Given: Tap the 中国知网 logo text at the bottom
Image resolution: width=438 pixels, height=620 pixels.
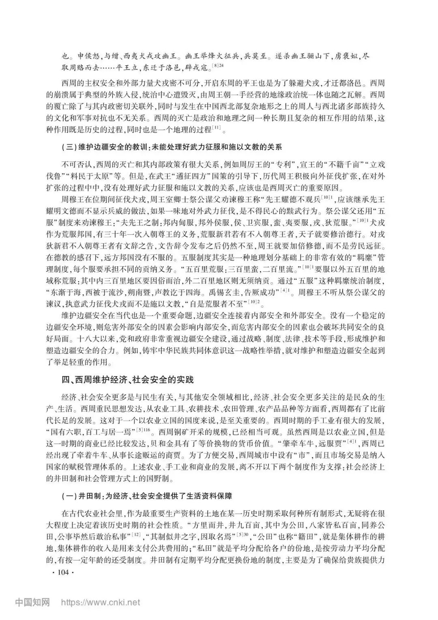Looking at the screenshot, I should point(32,602).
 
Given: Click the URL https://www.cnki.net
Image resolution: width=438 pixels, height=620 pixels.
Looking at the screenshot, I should point(101,603).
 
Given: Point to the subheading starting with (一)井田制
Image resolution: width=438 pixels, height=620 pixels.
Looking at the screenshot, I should point(146,496).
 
